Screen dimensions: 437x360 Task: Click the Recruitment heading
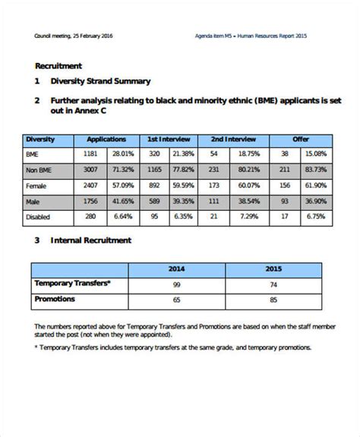tap(58, 66)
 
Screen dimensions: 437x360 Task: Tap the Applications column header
tap(106, 140)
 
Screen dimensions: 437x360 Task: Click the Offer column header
tap(301, 140)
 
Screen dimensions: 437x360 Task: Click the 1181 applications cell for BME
tap(90, 154)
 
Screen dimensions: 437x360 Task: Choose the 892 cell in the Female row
tap(153, 185)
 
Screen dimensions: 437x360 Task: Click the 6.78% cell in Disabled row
tap(316, 216)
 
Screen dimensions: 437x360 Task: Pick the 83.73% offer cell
tap(316, 169)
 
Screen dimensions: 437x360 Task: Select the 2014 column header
tap(176, 269)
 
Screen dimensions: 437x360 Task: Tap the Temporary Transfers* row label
tap(72, 283)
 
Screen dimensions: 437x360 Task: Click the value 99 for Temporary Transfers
tap(176, 284)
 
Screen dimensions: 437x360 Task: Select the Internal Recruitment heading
tap(90, 241)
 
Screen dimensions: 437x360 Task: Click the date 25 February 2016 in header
tap(96, 36)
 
